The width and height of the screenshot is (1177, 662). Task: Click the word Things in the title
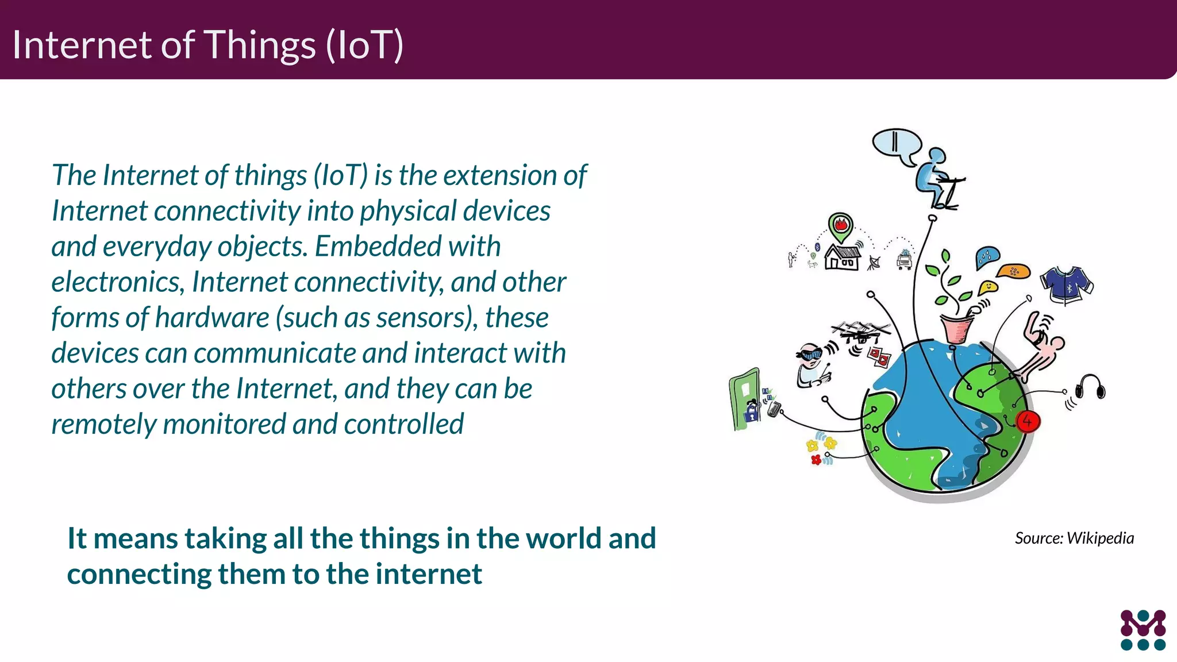coord(260,45)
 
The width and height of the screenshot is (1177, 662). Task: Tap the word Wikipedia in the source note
coord(1100,538)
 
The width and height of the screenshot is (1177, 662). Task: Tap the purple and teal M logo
coord(1143,630)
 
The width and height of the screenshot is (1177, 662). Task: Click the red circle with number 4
coord(1027,421)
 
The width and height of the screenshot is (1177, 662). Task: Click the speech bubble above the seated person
coord(897,144)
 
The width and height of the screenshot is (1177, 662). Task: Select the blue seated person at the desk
coord(937,178)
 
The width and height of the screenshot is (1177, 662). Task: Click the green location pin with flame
coord(840,226)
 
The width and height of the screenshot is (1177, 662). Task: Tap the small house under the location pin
coord(843,257)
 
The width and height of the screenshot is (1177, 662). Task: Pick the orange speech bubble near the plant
coord(1013,271)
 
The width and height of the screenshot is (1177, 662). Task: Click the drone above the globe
coord(861,332)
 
